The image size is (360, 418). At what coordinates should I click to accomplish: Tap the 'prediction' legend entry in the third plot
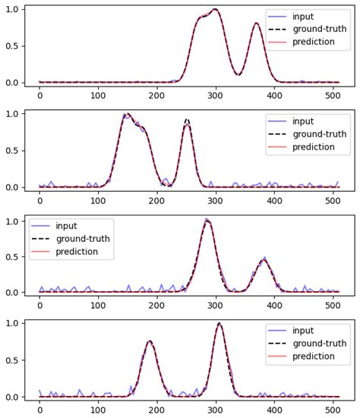77,252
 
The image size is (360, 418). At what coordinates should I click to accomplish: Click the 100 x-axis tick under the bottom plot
98,411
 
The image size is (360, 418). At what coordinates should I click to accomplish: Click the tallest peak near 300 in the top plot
215,10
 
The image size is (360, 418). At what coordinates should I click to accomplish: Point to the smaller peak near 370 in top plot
256,24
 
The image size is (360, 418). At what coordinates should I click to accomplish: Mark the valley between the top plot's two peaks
238,74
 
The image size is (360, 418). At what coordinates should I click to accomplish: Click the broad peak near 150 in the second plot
128,115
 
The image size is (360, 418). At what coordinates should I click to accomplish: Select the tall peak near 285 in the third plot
207,221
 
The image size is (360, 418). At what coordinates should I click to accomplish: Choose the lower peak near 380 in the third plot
263,260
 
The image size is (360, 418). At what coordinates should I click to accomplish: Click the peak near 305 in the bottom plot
219,324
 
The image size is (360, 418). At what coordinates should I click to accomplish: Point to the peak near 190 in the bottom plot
150,341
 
